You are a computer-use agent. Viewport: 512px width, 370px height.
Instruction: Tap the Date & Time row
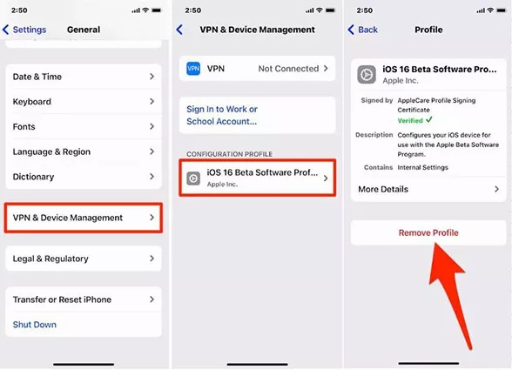(83, 77)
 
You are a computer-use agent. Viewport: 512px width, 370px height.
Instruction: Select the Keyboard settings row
(83, 102)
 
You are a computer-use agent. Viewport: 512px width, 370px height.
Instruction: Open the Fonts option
(83, 126)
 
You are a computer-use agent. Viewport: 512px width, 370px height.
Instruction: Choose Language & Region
(83, 151)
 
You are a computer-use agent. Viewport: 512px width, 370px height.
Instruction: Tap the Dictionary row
(83, 177)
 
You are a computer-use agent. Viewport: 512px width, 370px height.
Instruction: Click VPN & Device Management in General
(83, 218)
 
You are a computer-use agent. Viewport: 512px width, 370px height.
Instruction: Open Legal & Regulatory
(83, 259)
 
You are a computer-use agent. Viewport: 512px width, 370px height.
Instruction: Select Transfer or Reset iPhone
(83, 299)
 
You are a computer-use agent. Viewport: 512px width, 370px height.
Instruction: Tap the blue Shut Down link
(35, 325)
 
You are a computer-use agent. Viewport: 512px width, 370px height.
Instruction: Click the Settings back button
(26, 30)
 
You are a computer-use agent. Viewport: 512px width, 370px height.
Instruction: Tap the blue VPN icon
(193, 68)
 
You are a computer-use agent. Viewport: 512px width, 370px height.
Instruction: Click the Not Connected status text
(288, 68)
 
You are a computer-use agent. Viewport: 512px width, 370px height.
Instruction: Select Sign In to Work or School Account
(222, 115)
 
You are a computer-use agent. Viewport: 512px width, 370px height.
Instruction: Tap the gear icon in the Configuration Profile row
(193, 178)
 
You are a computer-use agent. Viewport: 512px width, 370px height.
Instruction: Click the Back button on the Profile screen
(363, 30)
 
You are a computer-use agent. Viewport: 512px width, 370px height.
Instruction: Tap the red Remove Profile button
(428, 232)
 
